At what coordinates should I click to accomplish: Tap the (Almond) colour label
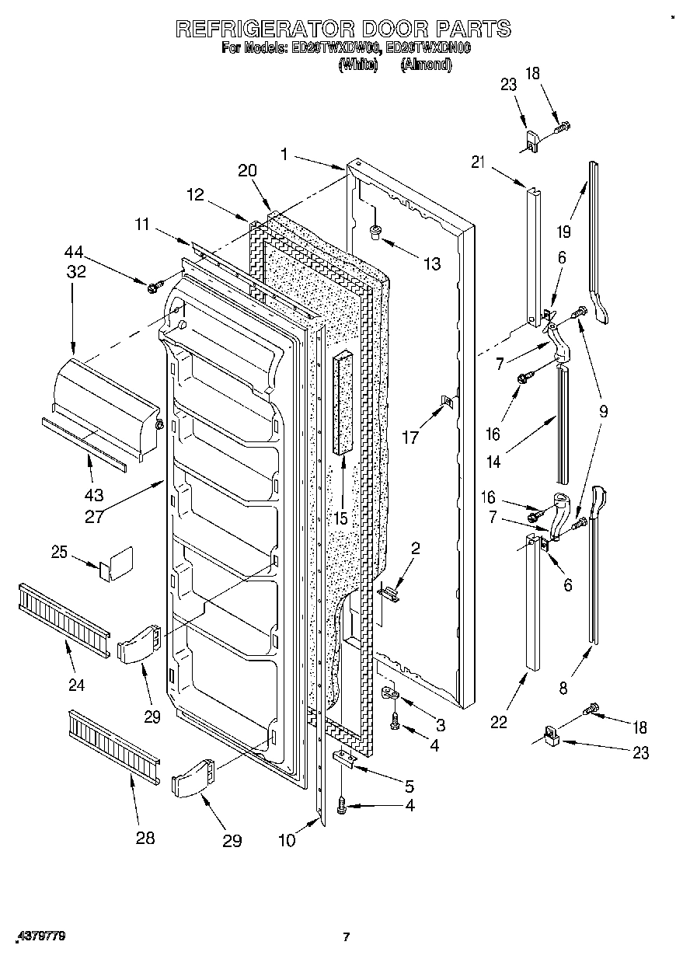(x=425, y=65)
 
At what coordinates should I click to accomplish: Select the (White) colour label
(x=357, y=65)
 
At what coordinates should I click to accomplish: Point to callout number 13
(x=430, y=264)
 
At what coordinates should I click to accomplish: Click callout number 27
(x=94, y=516)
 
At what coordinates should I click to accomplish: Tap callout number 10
(x=288, y=840)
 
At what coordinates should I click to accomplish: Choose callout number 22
(x=498, y=722)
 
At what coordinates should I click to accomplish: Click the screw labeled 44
(x=152, y=288)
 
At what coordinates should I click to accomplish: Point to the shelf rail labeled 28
(x=113, y=747)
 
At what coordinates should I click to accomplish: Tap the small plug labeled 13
(x=375, y=230)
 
